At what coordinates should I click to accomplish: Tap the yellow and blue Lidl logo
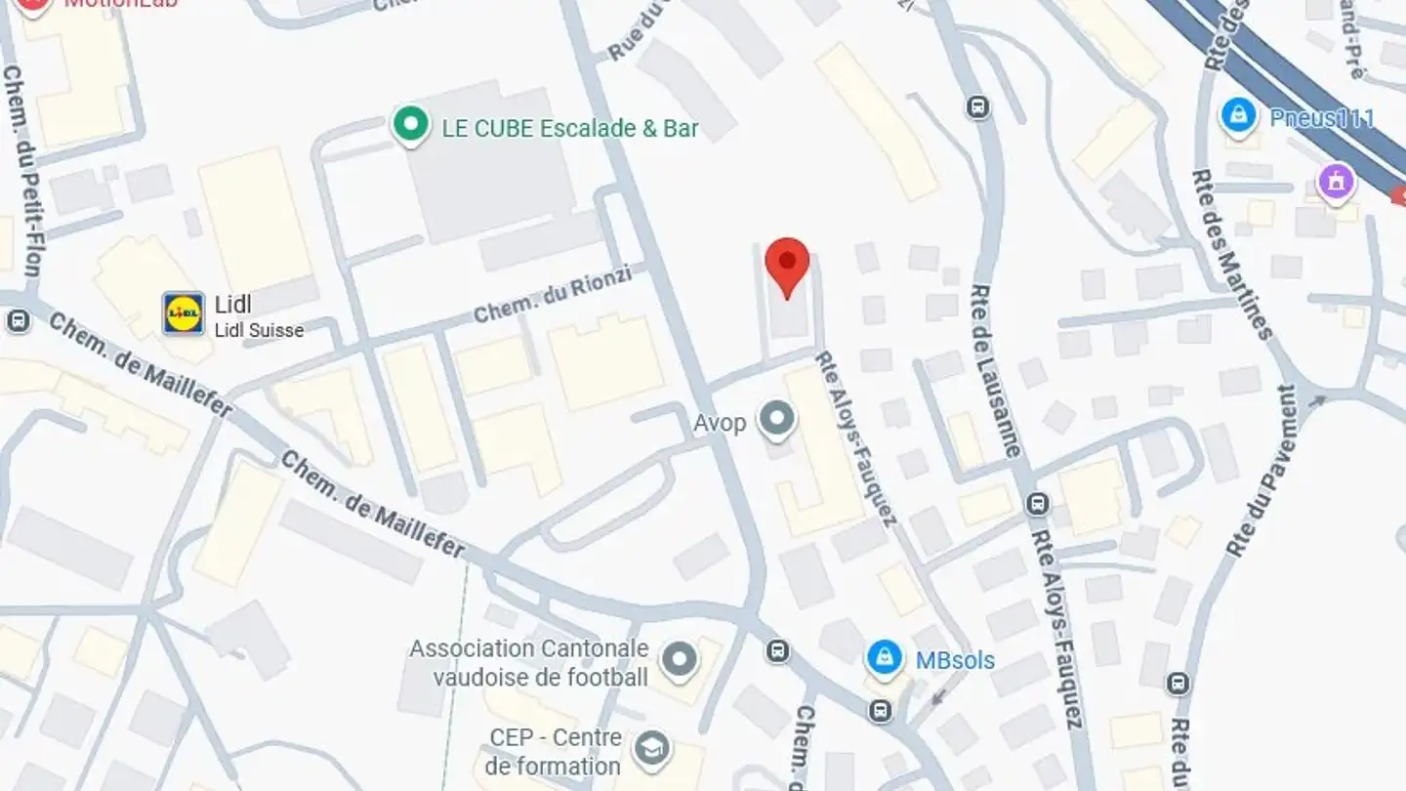pos(184,313)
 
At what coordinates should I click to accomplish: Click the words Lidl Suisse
pos(259,330)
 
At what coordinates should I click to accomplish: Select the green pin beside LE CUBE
pos(411,125)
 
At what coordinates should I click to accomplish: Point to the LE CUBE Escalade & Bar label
pos(570,128)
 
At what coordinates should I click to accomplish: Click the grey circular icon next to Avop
pos(777,420)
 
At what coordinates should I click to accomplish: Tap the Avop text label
pos(720,423)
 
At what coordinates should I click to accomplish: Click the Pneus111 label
pos(1322,118)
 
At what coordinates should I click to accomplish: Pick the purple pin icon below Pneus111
pos(1336,182)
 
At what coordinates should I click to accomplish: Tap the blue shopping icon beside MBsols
pos(885,658)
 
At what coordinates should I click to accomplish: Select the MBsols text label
pos(955,660)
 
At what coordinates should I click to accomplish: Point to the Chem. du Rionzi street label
pos(553,295)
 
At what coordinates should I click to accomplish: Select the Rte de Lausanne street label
pos(996,371)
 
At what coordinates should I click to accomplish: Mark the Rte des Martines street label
pos(1232,254)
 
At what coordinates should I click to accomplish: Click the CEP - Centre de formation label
pos(555,751)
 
